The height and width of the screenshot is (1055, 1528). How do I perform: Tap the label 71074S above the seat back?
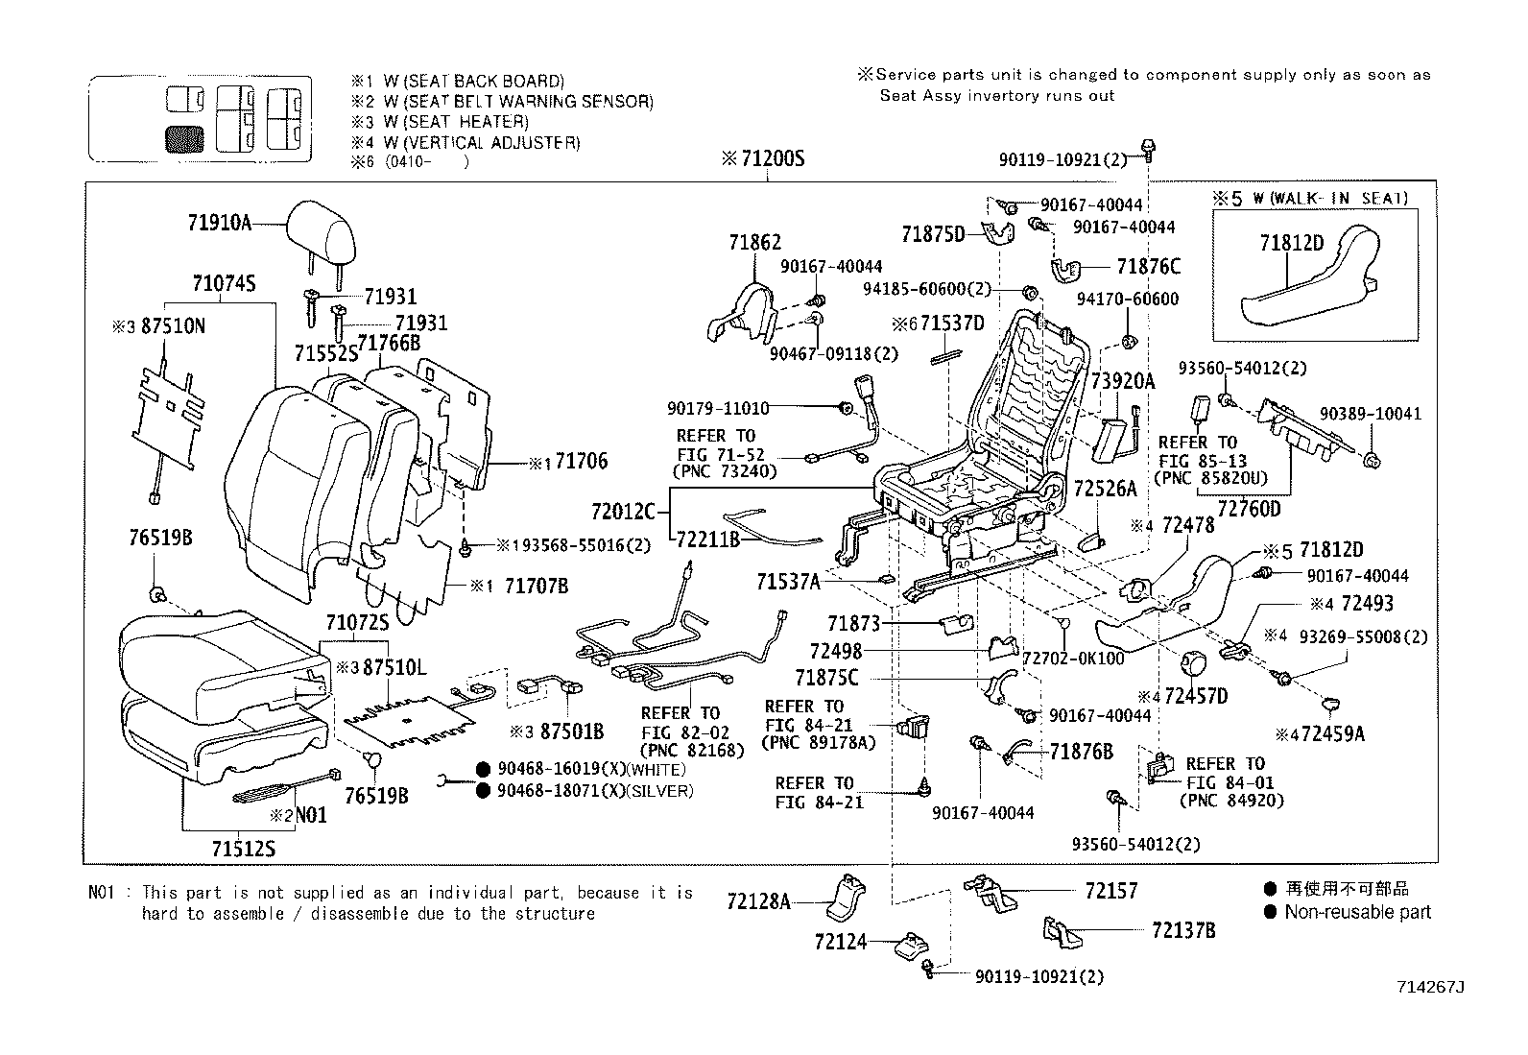coord(224,283)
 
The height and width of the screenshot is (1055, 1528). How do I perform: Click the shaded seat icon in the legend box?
coord(184,140)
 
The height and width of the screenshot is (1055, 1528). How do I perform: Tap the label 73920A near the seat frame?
coord(1122,381)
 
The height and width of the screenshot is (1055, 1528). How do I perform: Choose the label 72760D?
coord(1249,509)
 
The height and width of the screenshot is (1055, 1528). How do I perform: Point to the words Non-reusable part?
coord(1357,913)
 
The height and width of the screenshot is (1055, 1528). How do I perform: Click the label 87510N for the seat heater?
coord(173,326)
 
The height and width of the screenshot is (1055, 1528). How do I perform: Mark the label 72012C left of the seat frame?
coord(623,510)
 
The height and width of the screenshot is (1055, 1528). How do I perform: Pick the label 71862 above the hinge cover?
coord(754,244)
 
